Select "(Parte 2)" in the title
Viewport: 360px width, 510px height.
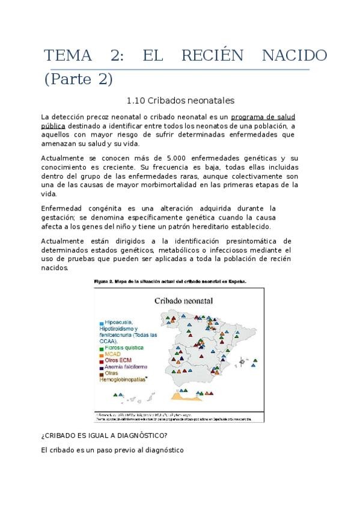(x=78, y=79)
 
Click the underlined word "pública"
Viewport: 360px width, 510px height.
(x=53, y=126)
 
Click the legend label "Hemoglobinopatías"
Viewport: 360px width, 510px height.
(x=124, y=379)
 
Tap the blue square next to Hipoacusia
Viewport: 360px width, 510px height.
(x=101, y=323)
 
